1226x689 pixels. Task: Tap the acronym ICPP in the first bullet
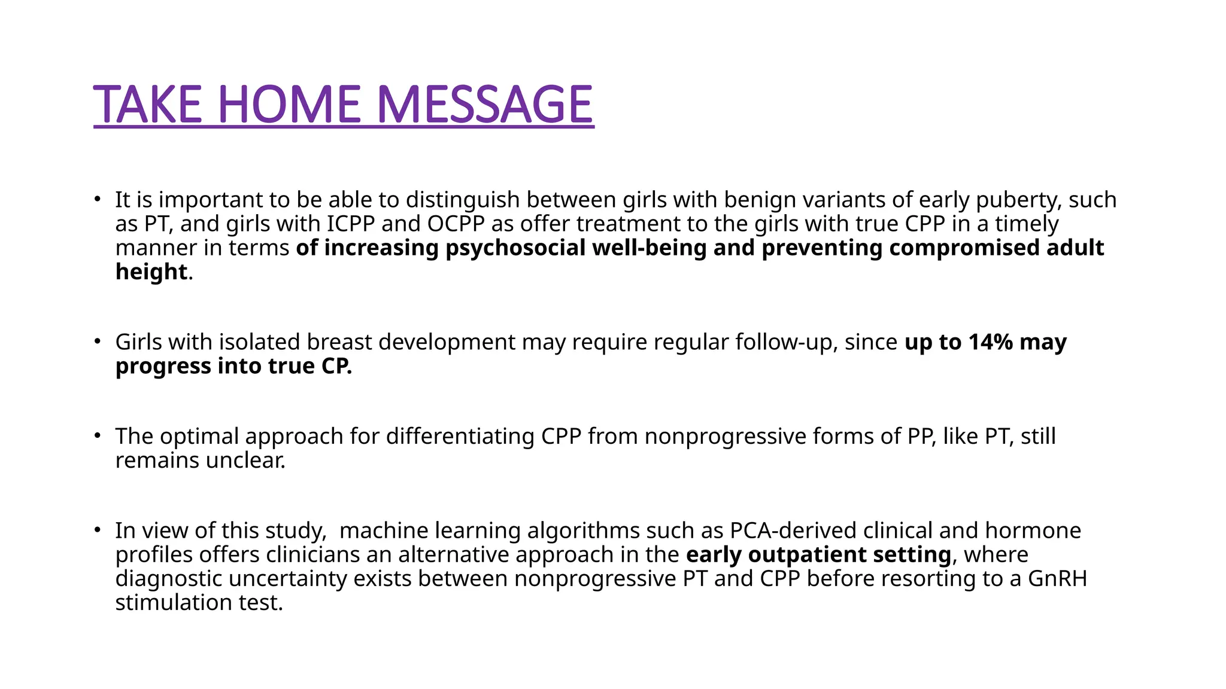351,224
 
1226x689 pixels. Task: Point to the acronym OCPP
456,224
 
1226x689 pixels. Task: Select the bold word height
151,272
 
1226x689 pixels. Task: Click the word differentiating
460,437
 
